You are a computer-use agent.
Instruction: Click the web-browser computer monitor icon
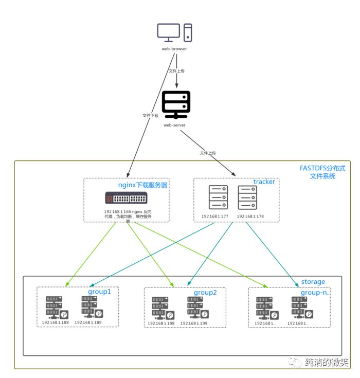click(169, 33)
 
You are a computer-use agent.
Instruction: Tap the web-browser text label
click(175, 49)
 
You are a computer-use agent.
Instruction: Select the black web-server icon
click(176, 104)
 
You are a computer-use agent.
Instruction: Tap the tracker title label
click(264, 182)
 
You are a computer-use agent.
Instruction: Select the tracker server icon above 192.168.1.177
click(218, 197)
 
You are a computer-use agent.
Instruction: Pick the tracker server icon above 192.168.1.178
click(247, 197)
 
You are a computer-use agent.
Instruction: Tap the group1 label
click(99, 291)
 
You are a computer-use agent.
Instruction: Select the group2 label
click(205, 293)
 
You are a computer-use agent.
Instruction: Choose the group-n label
click(314, 292)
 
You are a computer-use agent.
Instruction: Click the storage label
click(313, 282)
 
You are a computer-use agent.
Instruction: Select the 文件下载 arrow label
click(150, 116)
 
